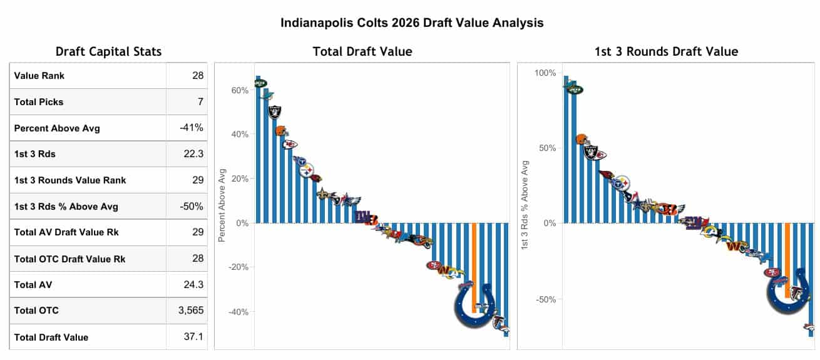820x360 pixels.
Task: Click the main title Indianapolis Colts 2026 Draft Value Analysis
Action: pos(412,23)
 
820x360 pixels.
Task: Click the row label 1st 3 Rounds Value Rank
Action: pos(69,180)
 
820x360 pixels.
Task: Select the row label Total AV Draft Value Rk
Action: pos(66,232)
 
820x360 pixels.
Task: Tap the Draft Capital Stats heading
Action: pos(108,52)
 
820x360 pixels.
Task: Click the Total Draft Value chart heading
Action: pos(362,52)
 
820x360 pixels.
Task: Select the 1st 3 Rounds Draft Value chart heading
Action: pos(666,52)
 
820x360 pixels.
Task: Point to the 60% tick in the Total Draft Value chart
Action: pos(240,90)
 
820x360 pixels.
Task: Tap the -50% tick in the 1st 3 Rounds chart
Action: pos(546,299)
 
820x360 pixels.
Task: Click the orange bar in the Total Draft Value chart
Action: pos(474,263)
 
